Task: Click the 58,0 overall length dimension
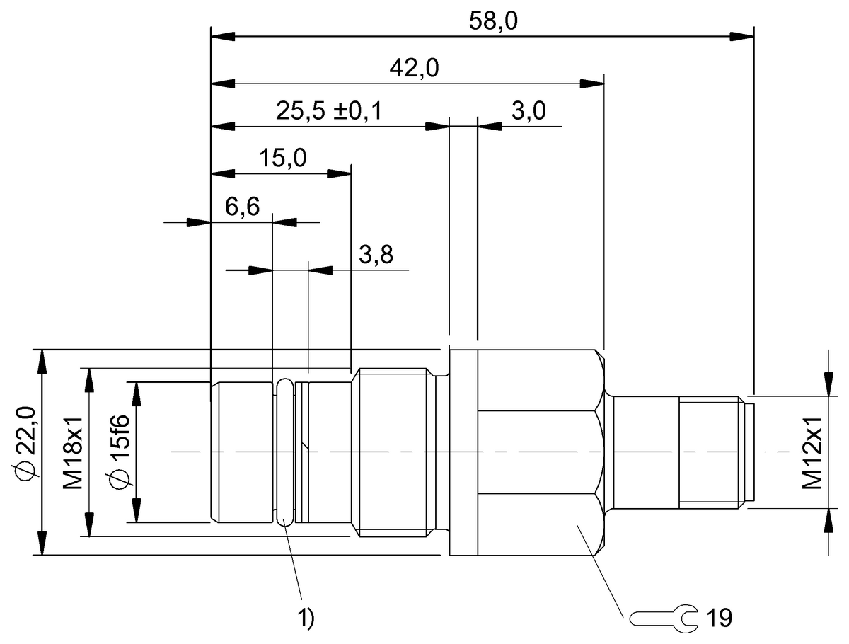click(493, 21)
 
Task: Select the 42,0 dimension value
click(414, 69)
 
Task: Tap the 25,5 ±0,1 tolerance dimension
click(329, 112)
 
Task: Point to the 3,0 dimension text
click(528, 112)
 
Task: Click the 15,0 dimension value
click(282, 159)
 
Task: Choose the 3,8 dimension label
click(375, 255)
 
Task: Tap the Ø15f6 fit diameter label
click(119, 453)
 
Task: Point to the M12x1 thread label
click(812, 453)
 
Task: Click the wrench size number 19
click(719, 618)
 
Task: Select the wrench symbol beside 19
click(663, 618)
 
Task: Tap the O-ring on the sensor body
click(284, 452)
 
